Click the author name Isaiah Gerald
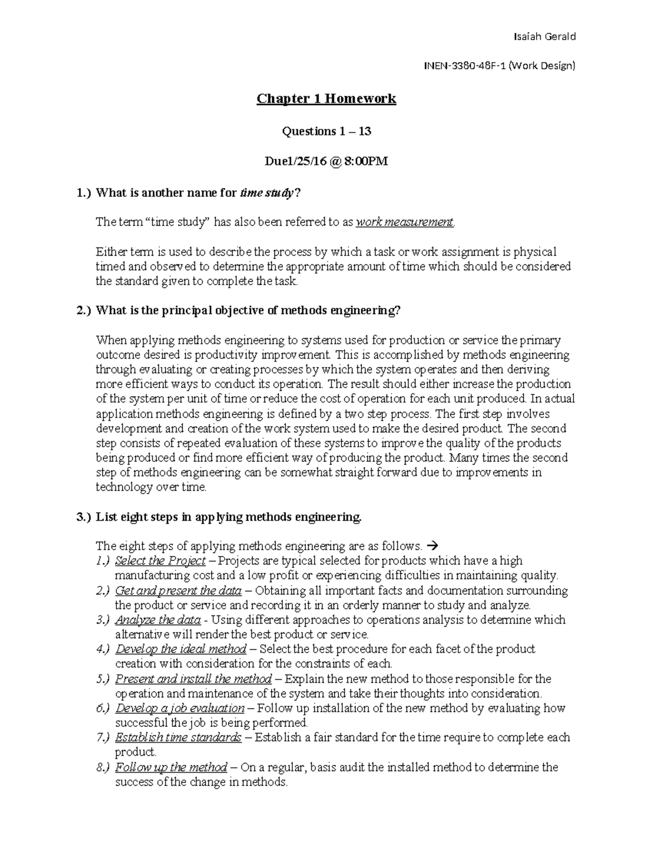pyautogui.click(x=544, y=36)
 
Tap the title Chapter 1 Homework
pyautogui.click(x=326, y=99)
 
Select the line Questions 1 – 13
pyautogui.click(x=326, y=131)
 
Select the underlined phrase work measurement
pyautogui.click(x=405, y=222)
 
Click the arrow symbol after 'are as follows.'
pyautogui.click(x=433, y=546)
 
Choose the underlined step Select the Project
pyautogui.click(x=161, y=560)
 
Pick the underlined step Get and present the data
pyautogui.click(x=178, y=590)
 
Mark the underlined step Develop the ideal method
pyautogui.click(x=181, y=649)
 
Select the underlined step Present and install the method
pyautogui.click(x=193, y=679)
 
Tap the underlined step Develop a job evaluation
pyautogui.click(x=180, y=708)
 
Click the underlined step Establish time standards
pyautogui.click(x=178, y=737)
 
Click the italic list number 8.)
pyautogui.click(x=102, y=767)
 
